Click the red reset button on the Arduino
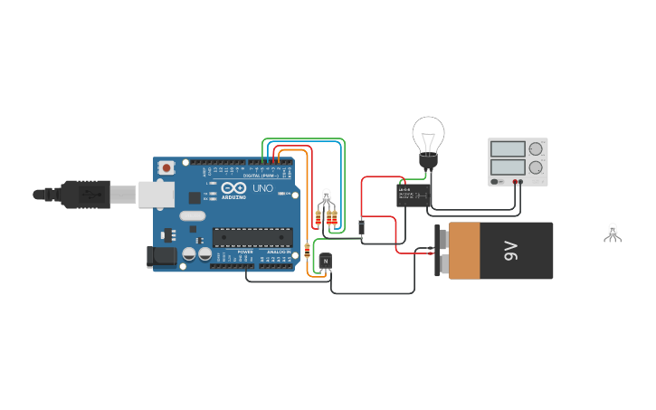pos(167,167)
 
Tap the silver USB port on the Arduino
pos(156,194)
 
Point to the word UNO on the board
pos(262,188)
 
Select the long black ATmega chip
pos(252,237)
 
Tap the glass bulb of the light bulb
pos(427,136)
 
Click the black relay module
pos(414,195)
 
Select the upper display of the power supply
pos(507,148)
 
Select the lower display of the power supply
pos(507,167)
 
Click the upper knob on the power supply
pos(537,148)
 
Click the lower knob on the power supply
pos(537,167)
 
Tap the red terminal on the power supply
pos(519,182)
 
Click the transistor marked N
pos(326,262)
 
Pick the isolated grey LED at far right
pos(613,232)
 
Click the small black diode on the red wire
pos(361,227)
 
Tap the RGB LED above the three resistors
pos(327,196)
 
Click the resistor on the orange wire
pos(308,250)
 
